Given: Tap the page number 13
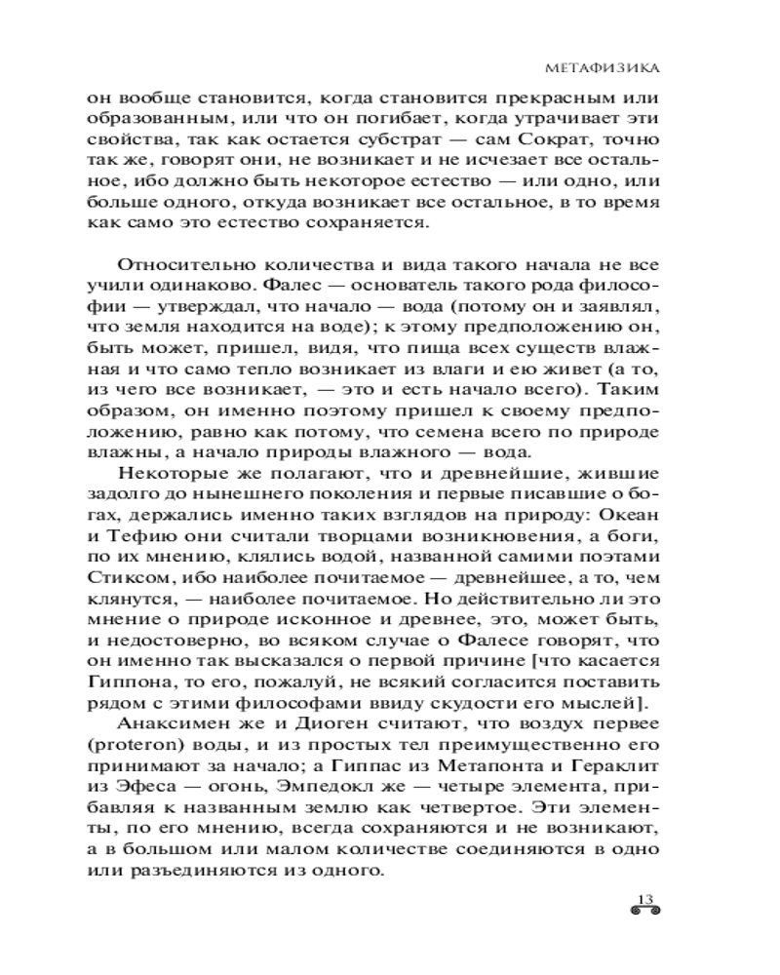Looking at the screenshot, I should tap(644, 898).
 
